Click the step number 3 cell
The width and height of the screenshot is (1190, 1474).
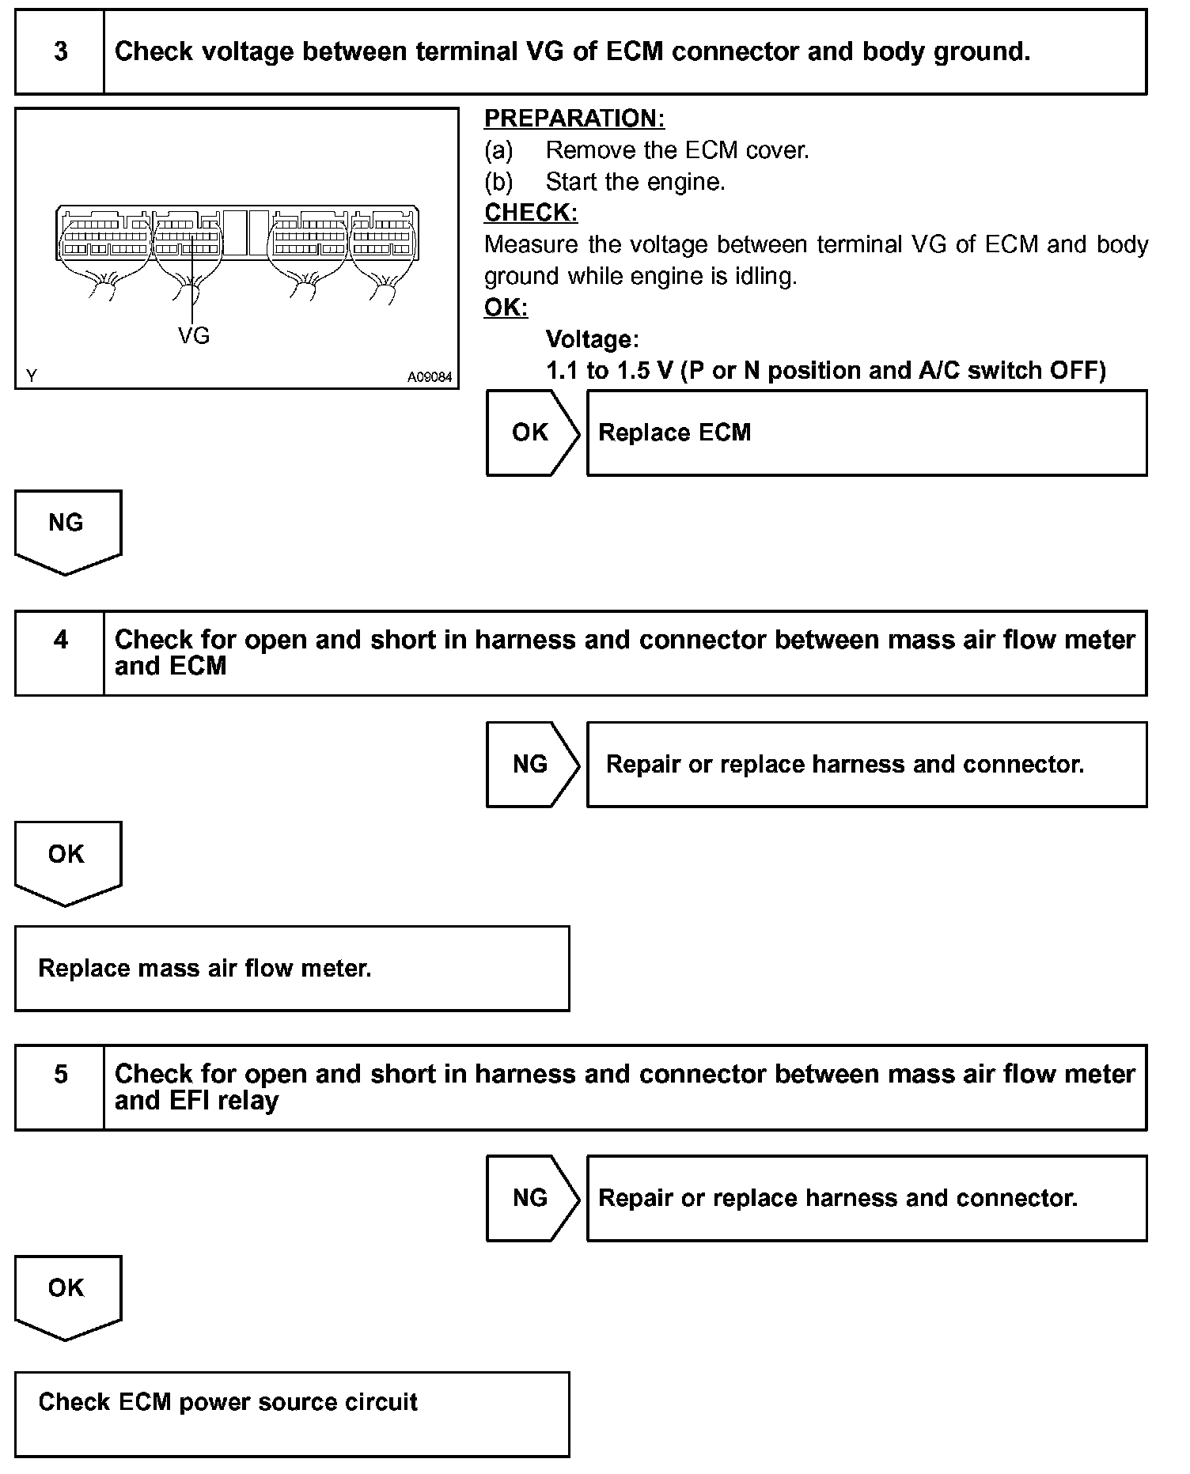[x=60, y=52]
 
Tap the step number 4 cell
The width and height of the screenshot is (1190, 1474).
[x=60, y=653]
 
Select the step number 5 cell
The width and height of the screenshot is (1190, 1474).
[x=60, y=1087]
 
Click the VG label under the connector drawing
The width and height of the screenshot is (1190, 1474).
[x=194, y=337]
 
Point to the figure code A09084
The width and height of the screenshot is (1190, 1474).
[x=430, y=377]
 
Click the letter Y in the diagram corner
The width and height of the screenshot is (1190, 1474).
[x=31, y=376]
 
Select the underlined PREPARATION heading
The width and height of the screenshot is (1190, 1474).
[x=574, y=119]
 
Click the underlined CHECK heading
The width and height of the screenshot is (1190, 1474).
[x=531, y=213]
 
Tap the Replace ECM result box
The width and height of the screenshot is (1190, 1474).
[x=866, y=433]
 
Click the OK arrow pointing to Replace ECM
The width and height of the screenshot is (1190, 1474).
[x=530, y=433]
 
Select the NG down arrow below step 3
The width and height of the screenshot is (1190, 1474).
[x=66, y=528]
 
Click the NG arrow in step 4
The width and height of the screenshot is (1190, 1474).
[x=530, y=764]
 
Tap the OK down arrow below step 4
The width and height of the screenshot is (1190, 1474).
[x=66, y=860]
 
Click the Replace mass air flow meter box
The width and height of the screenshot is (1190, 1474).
[x=292, y=968]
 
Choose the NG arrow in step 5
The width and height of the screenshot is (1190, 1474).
[x=530, y=1198]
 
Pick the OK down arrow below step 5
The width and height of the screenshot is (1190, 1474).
[x=66, y=1294]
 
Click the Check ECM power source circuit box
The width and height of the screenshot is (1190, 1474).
[x=292, y=1414]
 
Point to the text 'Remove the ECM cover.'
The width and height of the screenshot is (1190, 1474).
[x=677, y=150]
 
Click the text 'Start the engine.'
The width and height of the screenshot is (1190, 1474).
[x=635, y=182]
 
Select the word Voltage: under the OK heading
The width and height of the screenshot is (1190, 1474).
[x=592, y=339]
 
